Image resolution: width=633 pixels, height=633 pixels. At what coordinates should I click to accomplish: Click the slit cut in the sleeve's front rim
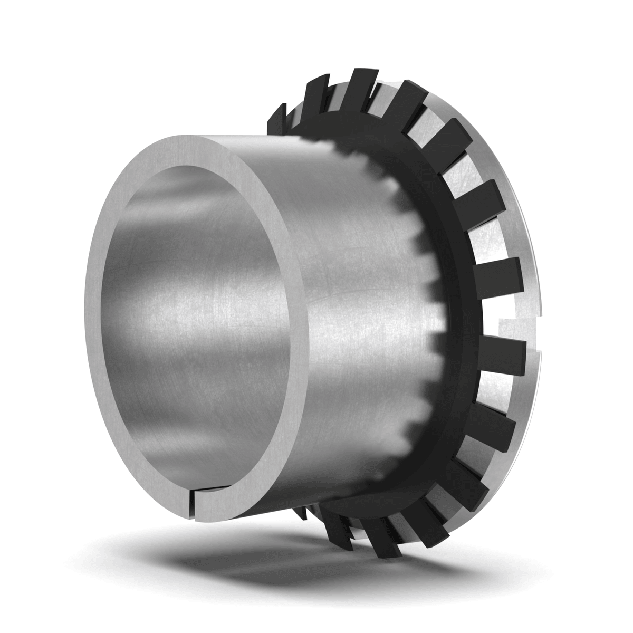(x=195, y=506)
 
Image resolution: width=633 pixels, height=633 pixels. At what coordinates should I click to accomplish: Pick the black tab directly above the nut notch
(x=498, y=274)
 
